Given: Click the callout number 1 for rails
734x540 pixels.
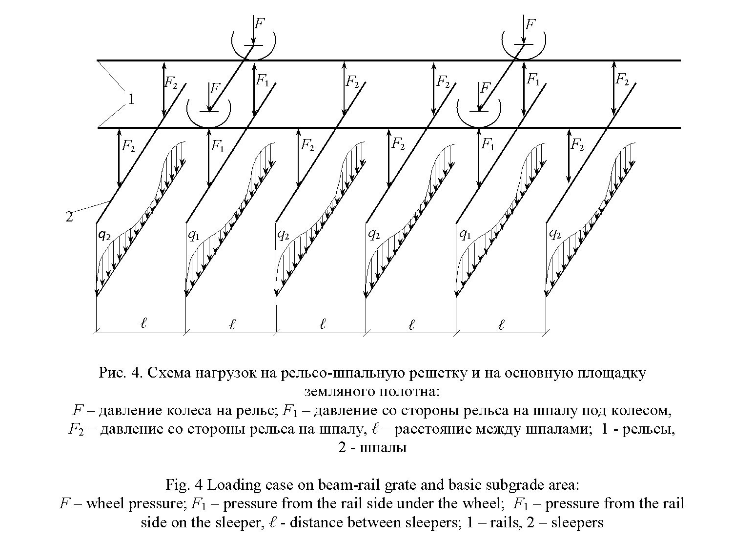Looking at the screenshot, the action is point(131,99).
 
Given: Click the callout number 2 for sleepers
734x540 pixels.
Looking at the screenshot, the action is point(69,217).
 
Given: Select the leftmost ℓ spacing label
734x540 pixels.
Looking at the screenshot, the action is point(143,323).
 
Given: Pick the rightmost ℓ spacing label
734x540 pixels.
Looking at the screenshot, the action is point(501,324).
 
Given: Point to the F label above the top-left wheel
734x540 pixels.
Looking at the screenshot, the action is point(260,23).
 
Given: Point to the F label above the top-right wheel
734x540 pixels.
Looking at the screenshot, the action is point(530,24).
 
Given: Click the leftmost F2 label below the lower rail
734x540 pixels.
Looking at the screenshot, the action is point(128,146).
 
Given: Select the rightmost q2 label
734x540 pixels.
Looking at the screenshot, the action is point(555,234).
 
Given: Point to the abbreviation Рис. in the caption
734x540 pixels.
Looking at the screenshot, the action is point(112,373).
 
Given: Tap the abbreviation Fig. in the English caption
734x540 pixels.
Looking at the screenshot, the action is point(178,485).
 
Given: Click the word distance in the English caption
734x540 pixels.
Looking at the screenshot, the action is point(317,522).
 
